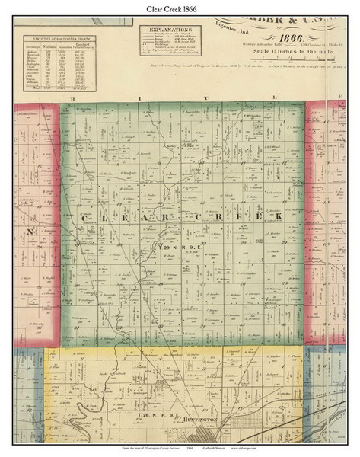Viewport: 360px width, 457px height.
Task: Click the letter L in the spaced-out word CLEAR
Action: [x=103, y=217]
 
